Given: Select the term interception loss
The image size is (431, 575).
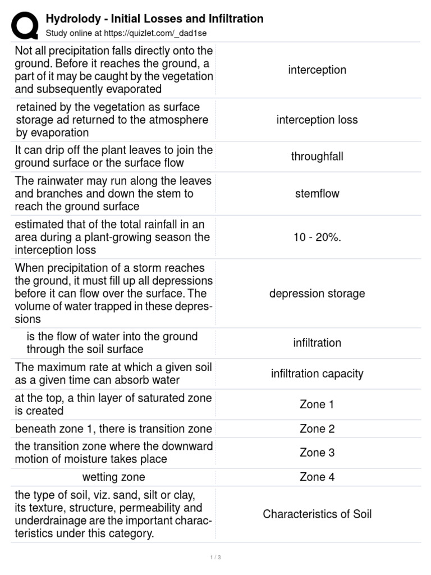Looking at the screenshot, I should (x=317, y=120).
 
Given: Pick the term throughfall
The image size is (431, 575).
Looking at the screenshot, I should (x=317, y=157).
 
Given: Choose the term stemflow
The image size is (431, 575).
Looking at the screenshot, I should (x=317, y=194).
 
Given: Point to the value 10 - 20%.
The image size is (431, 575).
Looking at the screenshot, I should (x=317, y=237).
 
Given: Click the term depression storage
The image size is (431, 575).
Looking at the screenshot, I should (x=317, y=294).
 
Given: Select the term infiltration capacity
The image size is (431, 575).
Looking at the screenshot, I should (x=317, y=374).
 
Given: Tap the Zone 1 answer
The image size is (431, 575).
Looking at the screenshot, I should (x=317, y=404).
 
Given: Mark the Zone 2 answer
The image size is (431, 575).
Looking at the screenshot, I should (x=317, y=429).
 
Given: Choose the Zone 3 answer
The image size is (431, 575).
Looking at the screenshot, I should (x=317, y=453).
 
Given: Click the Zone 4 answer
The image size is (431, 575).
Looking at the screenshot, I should (x=317, y=477).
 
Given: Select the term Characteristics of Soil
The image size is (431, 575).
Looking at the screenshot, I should (x=317, y=514).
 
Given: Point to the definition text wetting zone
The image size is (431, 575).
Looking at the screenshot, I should (x=113, y=477).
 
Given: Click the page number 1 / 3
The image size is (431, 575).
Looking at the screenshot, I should (x=215, y=558).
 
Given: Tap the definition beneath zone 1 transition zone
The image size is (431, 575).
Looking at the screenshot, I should (x=113, y=429).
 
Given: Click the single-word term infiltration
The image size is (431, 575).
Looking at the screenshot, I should (x=317, y=343).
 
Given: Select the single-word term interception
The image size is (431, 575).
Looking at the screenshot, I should (x=317, y=70).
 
